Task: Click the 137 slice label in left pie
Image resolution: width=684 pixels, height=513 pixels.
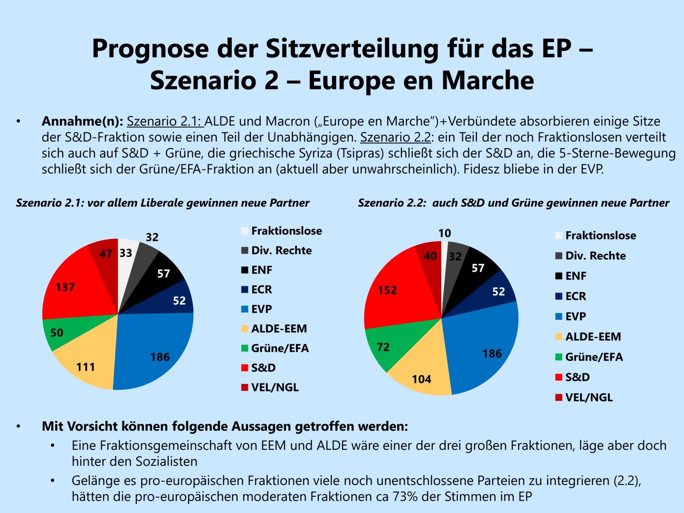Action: pyautogui.click(x=65, y=287)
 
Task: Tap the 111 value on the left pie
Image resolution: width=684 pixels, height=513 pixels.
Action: pyautogui.click(x=86, y=367)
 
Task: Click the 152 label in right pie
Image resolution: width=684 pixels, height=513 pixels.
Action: pyautogui.click(x=387, y=290)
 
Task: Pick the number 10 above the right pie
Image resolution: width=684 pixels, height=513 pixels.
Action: pyautogui.click(x=445, y=233)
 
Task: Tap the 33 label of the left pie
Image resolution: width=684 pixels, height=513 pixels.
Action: pyautogui.click(x=125, y=254)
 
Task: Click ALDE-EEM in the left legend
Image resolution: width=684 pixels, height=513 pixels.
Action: pyautogui.click(x=279, y=328)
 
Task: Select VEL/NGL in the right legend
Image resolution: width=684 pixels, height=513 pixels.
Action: pyautogui.click(x=589, y=397)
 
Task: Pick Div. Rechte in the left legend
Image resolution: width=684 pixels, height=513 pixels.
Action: pyautogui.click(x=281, y=250)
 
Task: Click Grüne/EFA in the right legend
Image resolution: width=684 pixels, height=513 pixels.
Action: pyautogui.click(x=594, y=357)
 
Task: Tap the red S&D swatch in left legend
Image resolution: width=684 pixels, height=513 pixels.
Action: pyautogui.click(x=245, y=368)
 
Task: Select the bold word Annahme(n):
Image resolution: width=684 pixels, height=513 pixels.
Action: pyautogui.click(x=82, y=121)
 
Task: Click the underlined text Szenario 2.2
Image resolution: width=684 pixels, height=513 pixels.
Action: pyautogui.click(x=396, y=137)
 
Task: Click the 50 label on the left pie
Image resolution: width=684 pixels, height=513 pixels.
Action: pyautogui.click(x=57, y=332)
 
